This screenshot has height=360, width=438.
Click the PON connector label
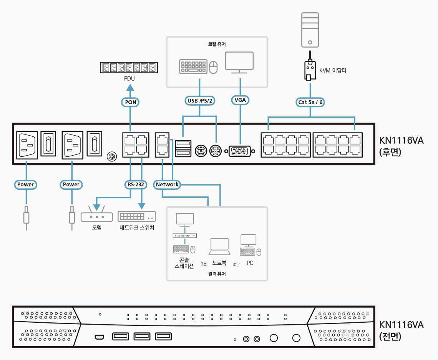[131, 102]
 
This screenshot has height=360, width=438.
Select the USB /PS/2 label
[200, 101]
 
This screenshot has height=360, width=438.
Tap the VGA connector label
[240, 100]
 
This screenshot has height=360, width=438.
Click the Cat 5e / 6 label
[310, 102]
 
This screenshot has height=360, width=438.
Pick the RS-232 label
[136, 184]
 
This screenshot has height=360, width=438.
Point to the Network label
[167, 184]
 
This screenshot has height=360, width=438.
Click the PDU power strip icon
[129, 68]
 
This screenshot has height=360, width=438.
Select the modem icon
[96, 217]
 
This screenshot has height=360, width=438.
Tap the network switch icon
[137, 216]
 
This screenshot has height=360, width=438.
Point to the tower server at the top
[310, 30]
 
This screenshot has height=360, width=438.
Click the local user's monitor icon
[239, 63]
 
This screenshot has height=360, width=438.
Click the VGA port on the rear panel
[240, 151]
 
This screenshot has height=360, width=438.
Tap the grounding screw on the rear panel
[112, 157]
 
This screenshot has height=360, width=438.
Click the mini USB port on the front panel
[100, 337]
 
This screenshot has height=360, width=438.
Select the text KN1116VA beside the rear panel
[401, 140]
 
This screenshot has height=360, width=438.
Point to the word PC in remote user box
[250, 263]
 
